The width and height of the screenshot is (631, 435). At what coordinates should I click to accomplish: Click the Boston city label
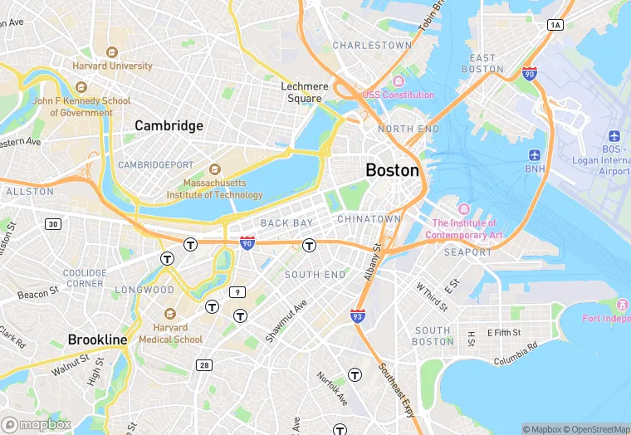click(393, 169)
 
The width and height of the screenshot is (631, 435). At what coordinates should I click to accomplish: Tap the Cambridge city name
click(169, 125)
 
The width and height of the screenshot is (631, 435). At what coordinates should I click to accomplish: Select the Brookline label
click(97, 340)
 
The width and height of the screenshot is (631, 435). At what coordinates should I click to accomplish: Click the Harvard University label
click(113, 66)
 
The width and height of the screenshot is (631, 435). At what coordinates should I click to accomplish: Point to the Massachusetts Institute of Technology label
click(222, 188)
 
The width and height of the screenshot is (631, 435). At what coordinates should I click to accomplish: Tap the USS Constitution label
click(398, 95)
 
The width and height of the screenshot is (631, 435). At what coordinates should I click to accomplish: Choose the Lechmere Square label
click(304, 92)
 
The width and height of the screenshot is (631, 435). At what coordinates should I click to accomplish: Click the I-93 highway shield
click(358, 315)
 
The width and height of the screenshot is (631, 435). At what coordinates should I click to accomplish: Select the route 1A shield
click(555, 26)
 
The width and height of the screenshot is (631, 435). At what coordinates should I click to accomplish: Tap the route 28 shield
click(204, 364)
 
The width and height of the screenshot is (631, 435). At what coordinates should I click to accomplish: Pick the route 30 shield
click(53, 224)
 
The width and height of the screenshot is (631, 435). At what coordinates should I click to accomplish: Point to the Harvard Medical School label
click(170, 333)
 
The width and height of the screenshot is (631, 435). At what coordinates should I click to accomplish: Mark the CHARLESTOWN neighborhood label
click(372, 45)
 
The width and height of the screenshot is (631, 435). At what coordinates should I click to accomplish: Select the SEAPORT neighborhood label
click(467, 252)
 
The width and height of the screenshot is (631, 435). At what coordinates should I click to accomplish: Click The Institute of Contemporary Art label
click(467, 228)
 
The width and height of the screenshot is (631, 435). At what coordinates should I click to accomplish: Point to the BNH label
click(535, 169)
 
